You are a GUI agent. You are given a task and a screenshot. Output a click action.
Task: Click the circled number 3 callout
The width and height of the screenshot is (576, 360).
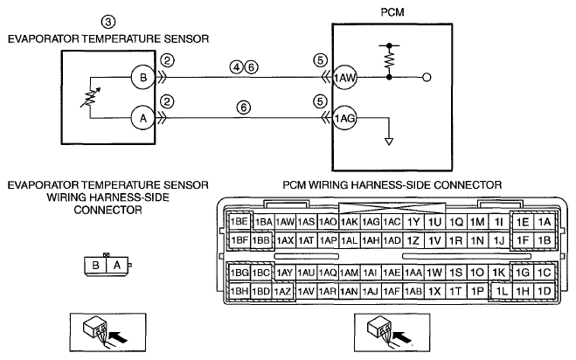point(108,22)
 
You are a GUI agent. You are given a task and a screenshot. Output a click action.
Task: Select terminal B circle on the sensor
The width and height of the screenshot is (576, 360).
point(142,77)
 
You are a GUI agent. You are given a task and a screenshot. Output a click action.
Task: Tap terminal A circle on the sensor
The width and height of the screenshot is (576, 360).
point(142,118)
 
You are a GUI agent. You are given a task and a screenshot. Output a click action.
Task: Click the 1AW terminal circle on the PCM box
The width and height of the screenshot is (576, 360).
point(344,77)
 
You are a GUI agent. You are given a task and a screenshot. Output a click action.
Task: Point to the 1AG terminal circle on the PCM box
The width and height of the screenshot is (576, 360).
point(344,118)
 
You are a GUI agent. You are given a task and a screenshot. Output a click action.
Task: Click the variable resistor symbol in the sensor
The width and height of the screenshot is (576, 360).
point(90,98)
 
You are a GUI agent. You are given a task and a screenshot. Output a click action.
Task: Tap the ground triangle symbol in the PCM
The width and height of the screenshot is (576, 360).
point(389,142)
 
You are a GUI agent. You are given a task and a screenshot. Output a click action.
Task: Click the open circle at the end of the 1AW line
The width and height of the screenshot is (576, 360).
point(427,77)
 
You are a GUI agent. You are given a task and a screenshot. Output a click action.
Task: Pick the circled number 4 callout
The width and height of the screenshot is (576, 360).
point(237,67)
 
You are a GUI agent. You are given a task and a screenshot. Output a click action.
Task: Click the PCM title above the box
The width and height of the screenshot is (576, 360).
point(392,12)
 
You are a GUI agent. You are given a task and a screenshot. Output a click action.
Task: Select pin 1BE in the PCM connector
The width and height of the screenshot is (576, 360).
point(239,222)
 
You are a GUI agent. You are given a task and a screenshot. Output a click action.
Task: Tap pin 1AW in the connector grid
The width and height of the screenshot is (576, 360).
point(285,222)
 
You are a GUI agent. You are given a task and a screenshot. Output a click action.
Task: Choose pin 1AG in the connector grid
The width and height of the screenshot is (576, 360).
point(371,222)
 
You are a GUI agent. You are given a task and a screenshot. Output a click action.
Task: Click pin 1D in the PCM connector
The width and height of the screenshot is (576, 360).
point(544,291)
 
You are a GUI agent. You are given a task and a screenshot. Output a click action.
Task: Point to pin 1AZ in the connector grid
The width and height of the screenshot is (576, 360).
point(282,292)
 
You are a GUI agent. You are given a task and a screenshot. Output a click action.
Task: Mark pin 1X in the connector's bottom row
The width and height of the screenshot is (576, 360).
point(434,292)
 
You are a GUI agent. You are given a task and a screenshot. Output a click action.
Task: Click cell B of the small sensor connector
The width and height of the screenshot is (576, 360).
point(95,265)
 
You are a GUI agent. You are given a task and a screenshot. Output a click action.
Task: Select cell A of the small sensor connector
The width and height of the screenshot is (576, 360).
point(117,265)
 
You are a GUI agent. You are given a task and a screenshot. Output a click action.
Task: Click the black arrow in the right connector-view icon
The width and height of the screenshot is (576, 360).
point(402,336)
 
